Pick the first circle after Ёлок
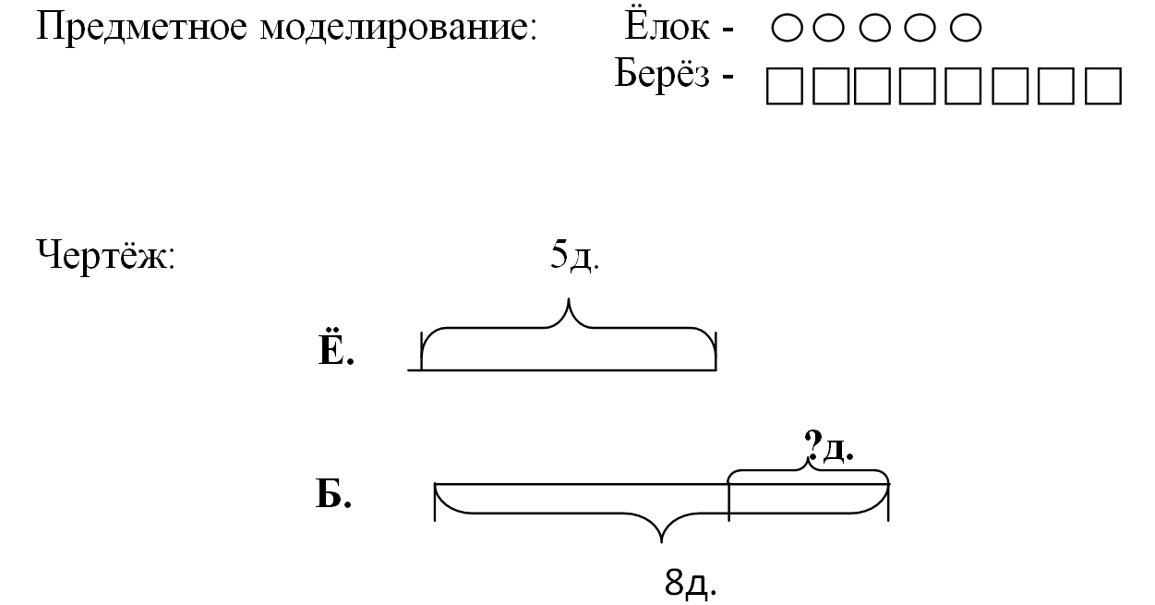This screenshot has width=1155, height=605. (786, 30)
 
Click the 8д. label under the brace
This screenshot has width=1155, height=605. (690, 582)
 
